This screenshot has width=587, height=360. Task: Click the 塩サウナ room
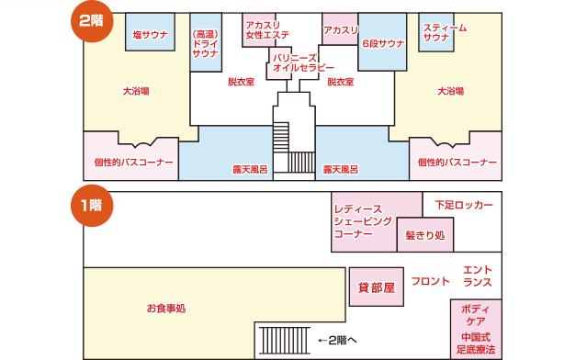pos(150,32)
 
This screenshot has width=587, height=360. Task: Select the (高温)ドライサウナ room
pos(206,42)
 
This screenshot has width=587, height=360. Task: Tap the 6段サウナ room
pos(382,42)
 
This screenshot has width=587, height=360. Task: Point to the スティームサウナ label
pos(445,32)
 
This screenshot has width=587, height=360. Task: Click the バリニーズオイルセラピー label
pos(303,62)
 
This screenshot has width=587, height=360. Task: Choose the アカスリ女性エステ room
pos(259,30)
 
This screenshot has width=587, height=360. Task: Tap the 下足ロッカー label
pos(464,205)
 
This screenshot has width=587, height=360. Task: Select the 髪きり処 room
pos(425,235)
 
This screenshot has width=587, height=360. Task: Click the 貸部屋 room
pos(377,287)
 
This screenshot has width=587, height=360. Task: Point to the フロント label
pos(430,281)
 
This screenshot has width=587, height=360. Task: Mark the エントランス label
pos(478,276)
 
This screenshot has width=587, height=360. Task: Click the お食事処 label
pos(166,309)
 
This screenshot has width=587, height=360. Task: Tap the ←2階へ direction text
pos(337,340)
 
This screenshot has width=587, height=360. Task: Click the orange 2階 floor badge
pos(92,21)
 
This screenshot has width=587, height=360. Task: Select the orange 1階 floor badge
pos(92,206)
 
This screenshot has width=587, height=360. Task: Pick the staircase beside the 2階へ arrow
pos(285,341)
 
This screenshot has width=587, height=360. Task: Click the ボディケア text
pos(476,315)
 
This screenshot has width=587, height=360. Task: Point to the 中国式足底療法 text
pos(476,343)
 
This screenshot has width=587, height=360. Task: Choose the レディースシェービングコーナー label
pos(363,221)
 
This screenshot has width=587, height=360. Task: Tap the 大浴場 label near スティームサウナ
pos(451,91)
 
